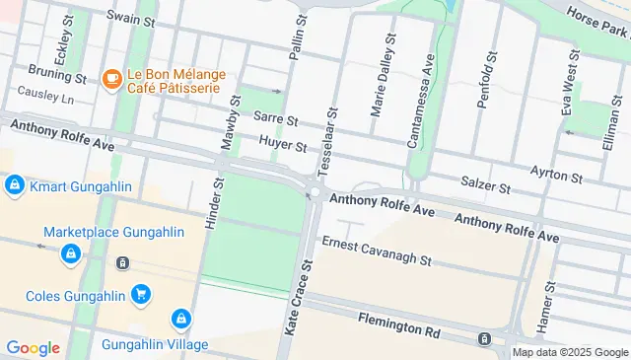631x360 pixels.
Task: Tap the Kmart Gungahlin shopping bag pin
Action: coord(15,185)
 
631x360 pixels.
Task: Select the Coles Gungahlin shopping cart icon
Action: coord(141,293)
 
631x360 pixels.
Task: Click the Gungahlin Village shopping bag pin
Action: coord(180,320)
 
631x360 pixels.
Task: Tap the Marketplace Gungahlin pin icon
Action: coord(70,254)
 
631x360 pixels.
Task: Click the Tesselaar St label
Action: coord(329,137)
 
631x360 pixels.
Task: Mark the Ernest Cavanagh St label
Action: coord(377,252)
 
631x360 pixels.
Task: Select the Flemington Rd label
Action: coord(398,324)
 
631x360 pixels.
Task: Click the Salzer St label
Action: coord(485,184)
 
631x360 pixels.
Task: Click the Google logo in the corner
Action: coord(33,347)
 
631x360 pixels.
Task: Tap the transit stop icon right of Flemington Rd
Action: coord(485,339)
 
